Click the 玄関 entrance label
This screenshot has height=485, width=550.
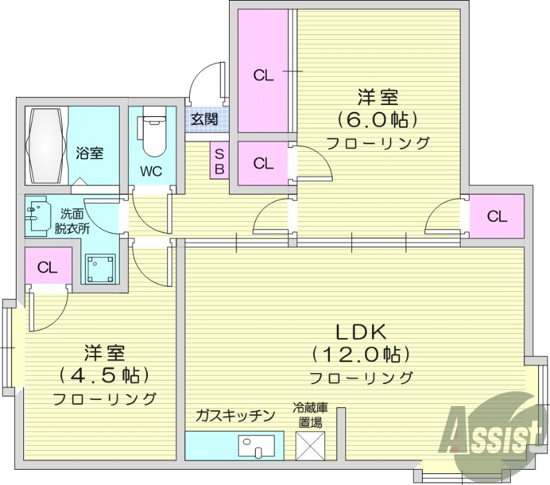204,119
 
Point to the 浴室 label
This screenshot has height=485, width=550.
89,153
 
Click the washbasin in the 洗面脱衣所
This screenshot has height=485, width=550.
38,214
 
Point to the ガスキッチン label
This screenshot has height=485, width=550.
235,416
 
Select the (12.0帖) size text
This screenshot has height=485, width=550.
360,354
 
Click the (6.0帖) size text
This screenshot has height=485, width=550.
377,120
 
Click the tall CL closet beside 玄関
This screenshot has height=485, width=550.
263,75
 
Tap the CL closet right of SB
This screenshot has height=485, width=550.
263,163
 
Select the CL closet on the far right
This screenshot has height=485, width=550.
497,216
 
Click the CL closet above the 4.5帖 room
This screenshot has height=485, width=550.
47,267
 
